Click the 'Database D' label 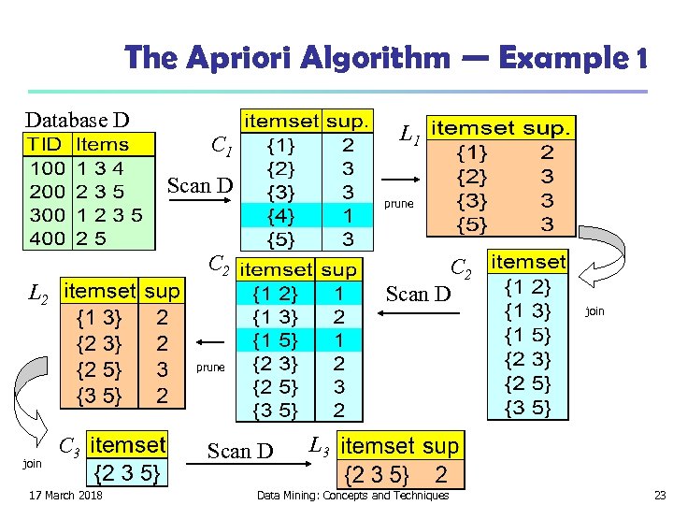coord(77,120)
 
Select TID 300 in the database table coord(47,214)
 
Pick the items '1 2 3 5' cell coord(109,214)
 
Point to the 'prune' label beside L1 coord(398,203)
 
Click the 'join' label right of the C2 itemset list coord(594,311)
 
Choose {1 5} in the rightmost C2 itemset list coord(527,335)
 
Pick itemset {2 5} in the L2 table coord(99,368)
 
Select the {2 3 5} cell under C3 coord(127,475)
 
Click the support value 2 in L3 coord(441,474)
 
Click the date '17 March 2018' coord(66,495)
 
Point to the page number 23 coord(659,495)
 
